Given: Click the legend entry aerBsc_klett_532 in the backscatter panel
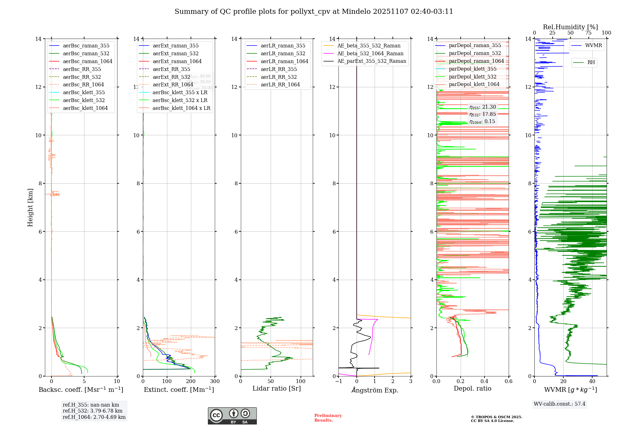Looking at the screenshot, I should [84, 100].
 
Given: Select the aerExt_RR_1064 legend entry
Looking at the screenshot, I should [173, 84].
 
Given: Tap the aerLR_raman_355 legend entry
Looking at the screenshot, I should [283, 46].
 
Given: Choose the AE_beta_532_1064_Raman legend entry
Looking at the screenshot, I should [370, 53].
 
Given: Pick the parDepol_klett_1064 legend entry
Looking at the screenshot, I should [474, 84].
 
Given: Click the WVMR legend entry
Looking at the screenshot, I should [593, 46].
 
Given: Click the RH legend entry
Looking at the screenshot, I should [591, 62].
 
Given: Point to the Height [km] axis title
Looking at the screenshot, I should [30, 207].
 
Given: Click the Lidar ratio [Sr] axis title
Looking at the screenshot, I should [277, 388].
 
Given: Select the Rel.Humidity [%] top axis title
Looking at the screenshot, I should [570, 27].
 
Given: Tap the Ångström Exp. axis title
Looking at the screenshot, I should [375, 390].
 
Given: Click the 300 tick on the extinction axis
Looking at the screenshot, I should [215, 381].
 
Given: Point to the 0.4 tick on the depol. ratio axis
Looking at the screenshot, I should [485, 381].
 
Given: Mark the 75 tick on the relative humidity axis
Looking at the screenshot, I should [588, 33].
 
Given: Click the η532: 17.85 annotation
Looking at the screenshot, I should [483, 114].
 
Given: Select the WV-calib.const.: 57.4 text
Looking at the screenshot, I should [560, 404].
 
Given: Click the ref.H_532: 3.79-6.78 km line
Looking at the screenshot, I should [93, 411].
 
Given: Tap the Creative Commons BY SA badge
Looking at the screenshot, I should [232, 416].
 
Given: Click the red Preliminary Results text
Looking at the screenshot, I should [328, 418].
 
